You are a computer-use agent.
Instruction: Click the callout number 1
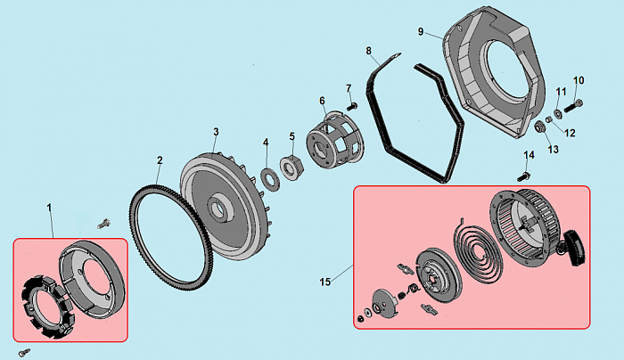click(49, 208)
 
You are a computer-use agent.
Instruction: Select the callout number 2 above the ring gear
click(160, 160)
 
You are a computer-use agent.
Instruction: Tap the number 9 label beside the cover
click(421, 31)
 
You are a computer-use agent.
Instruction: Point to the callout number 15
click(325, 282)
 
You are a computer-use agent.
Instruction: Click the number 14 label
click(529, 155)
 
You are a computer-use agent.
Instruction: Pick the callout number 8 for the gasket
click(368, 51)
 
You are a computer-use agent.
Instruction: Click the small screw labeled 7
click(352, 106)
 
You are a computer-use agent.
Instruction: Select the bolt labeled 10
click(573, 106)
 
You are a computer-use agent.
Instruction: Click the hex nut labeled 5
click(292, 168)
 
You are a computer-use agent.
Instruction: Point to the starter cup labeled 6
click(335, 141)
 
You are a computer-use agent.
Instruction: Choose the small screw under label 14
click(523, 176)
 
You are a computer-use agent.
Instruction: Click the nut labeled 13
click(539, 127)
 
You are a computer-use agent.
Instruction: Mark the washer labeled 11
click(558, 113)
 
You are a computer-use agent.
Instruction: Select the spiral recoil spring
click(478, 252)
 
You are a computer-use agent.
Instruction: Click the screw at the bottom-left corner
click(24, 353)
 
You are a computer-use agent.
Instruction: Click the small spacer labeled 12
click(549, 119)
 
